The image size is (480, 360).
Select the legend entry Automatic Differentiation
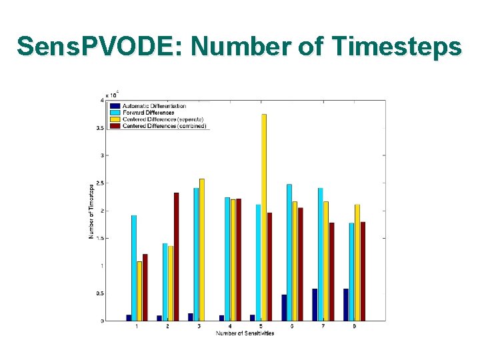(153, 106)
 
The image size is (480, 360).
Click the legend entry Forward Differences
(148, 113)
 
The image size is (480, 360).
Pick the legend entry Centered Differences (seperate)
(157, 119)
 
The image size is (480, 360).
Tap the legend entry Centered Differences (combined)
(158, 126)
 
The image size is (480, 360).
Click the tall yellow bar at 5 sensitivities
(264, 217)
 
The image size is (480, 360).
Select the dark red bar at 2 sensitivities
(177, 257)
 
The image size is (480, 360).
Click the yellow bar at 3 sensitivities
(202, 249)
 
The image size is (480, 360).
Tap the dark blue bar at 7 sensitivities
(315, 305)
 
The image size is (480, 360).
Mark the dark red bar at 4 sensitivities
(239, 259)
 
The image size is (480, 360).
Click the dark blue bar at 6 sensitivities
(284, 307)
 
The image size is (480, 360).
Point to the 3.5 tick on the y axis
(101, 128)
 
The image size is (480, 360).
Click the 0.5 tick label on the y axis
(100, 293)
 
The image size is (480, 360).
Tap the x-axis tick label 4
(230, 327)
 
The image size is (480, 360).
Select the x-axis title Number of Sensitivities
(245, 333)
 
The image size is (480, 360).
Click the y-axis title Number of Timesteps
(91, 211)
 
